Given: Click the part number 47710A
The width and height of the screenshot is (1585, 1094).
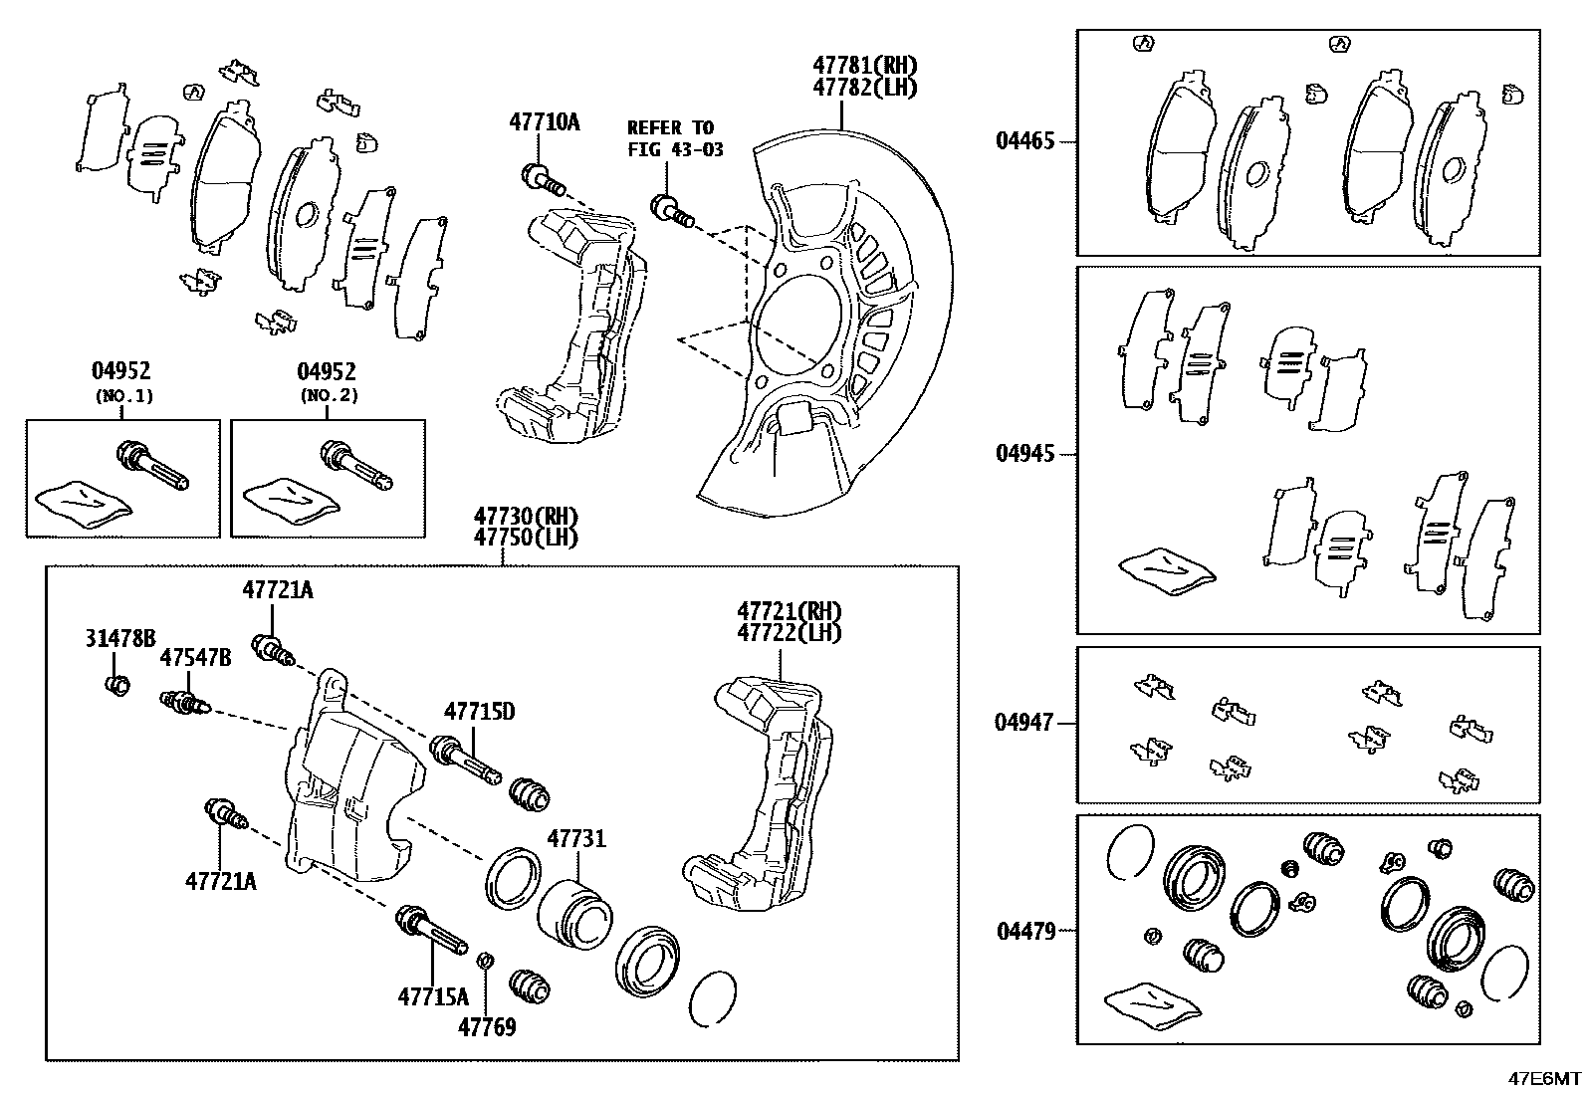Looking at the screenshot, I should [544, 122].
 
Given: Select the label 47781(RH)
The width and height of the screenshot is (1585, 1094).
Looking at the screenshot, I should [864, 65].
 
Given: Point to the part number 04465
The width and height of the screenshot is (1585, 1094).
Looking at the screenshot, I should [1024, 141].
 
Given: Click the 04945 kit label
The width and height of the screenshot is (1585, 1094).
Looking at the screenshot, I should [1024, 454].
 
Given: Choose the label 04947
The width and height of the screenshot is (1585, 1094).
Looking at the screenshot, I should [1023, 723].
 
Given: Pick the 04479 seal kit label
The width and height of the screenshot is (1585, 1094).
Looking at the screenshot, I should [1024, 932].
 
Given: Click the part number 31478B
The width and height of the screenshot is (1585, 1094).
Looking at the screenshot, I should [119, 638].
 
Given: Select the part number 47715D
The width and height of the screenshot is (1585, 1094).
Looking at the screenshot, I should [479, 711].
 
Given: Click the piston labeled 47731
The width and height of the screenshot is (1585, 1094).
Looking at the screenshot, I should [577, 911].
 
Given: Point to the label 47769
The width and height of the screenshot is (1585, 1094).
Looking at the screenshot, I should [487, 1026].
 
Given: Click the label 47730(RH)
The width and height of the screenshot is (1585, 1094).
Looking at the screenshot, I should [525, 516].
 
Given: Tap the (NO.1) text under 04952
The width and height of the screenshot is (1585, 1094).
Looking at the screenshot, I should [124, 395].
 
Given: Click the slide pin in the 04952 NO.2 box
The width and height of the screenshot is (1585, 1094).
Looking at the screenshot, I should [355, 467].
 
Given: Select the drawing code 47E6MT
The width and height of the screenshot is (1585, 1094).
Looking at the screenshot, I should [1543, 1078].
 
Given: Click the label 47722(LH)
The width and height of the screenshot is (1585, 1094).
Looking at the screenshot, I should [790, 632].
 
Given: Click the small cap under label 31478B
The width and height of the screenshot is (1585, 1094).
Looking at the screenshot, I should [117, 685].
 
